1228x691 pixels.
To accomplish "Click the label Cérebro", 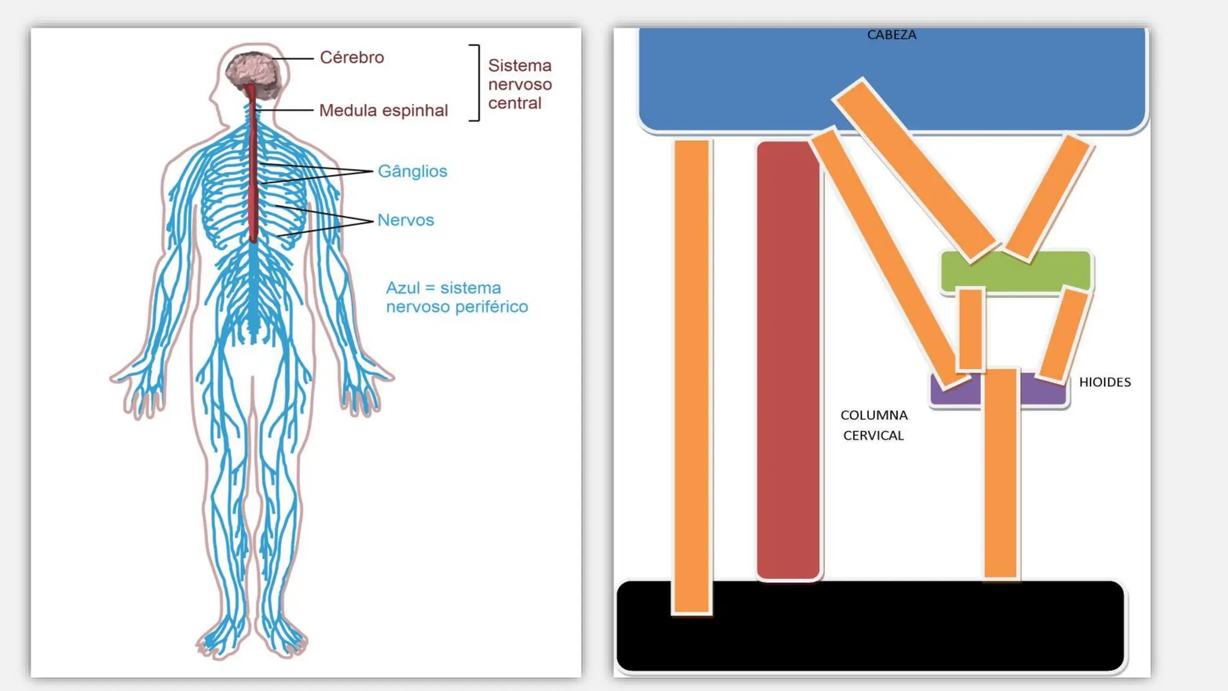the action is coord(352,58).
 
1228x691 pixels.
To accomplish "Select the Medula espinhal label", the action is coord(384,110).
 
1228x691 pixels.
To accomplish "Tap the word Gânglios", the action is coord(413,172).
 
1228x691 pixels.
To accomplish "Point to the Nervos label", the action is coord(405,220).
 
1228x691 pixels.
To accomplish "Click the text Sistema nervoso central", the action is coord(520,84).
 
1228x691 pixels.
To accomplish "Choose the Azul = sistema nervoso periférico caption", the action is coord(457,298).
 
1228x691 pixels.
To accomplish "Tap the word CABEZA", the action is coord(892,35).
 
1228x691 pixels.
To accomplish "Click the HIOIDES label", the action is coord(1105,382).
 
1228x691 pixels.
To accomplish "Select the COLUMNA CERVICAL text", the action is coord(874,425).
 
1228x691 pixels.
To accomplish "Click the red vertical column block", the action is coord(788,360).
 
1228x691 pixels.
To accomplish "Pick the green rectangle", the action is coord(1016,272).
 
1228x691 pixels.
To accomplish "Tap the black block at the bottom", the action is coord(871,626).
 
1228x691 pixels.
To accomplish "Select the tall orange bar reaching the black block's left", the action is coord(692,377).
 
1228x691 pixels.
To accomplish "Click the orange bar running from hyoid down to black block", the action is coord(1001,473).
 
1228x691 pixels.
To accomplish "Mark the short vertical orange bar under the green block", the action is coord(971,329).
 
